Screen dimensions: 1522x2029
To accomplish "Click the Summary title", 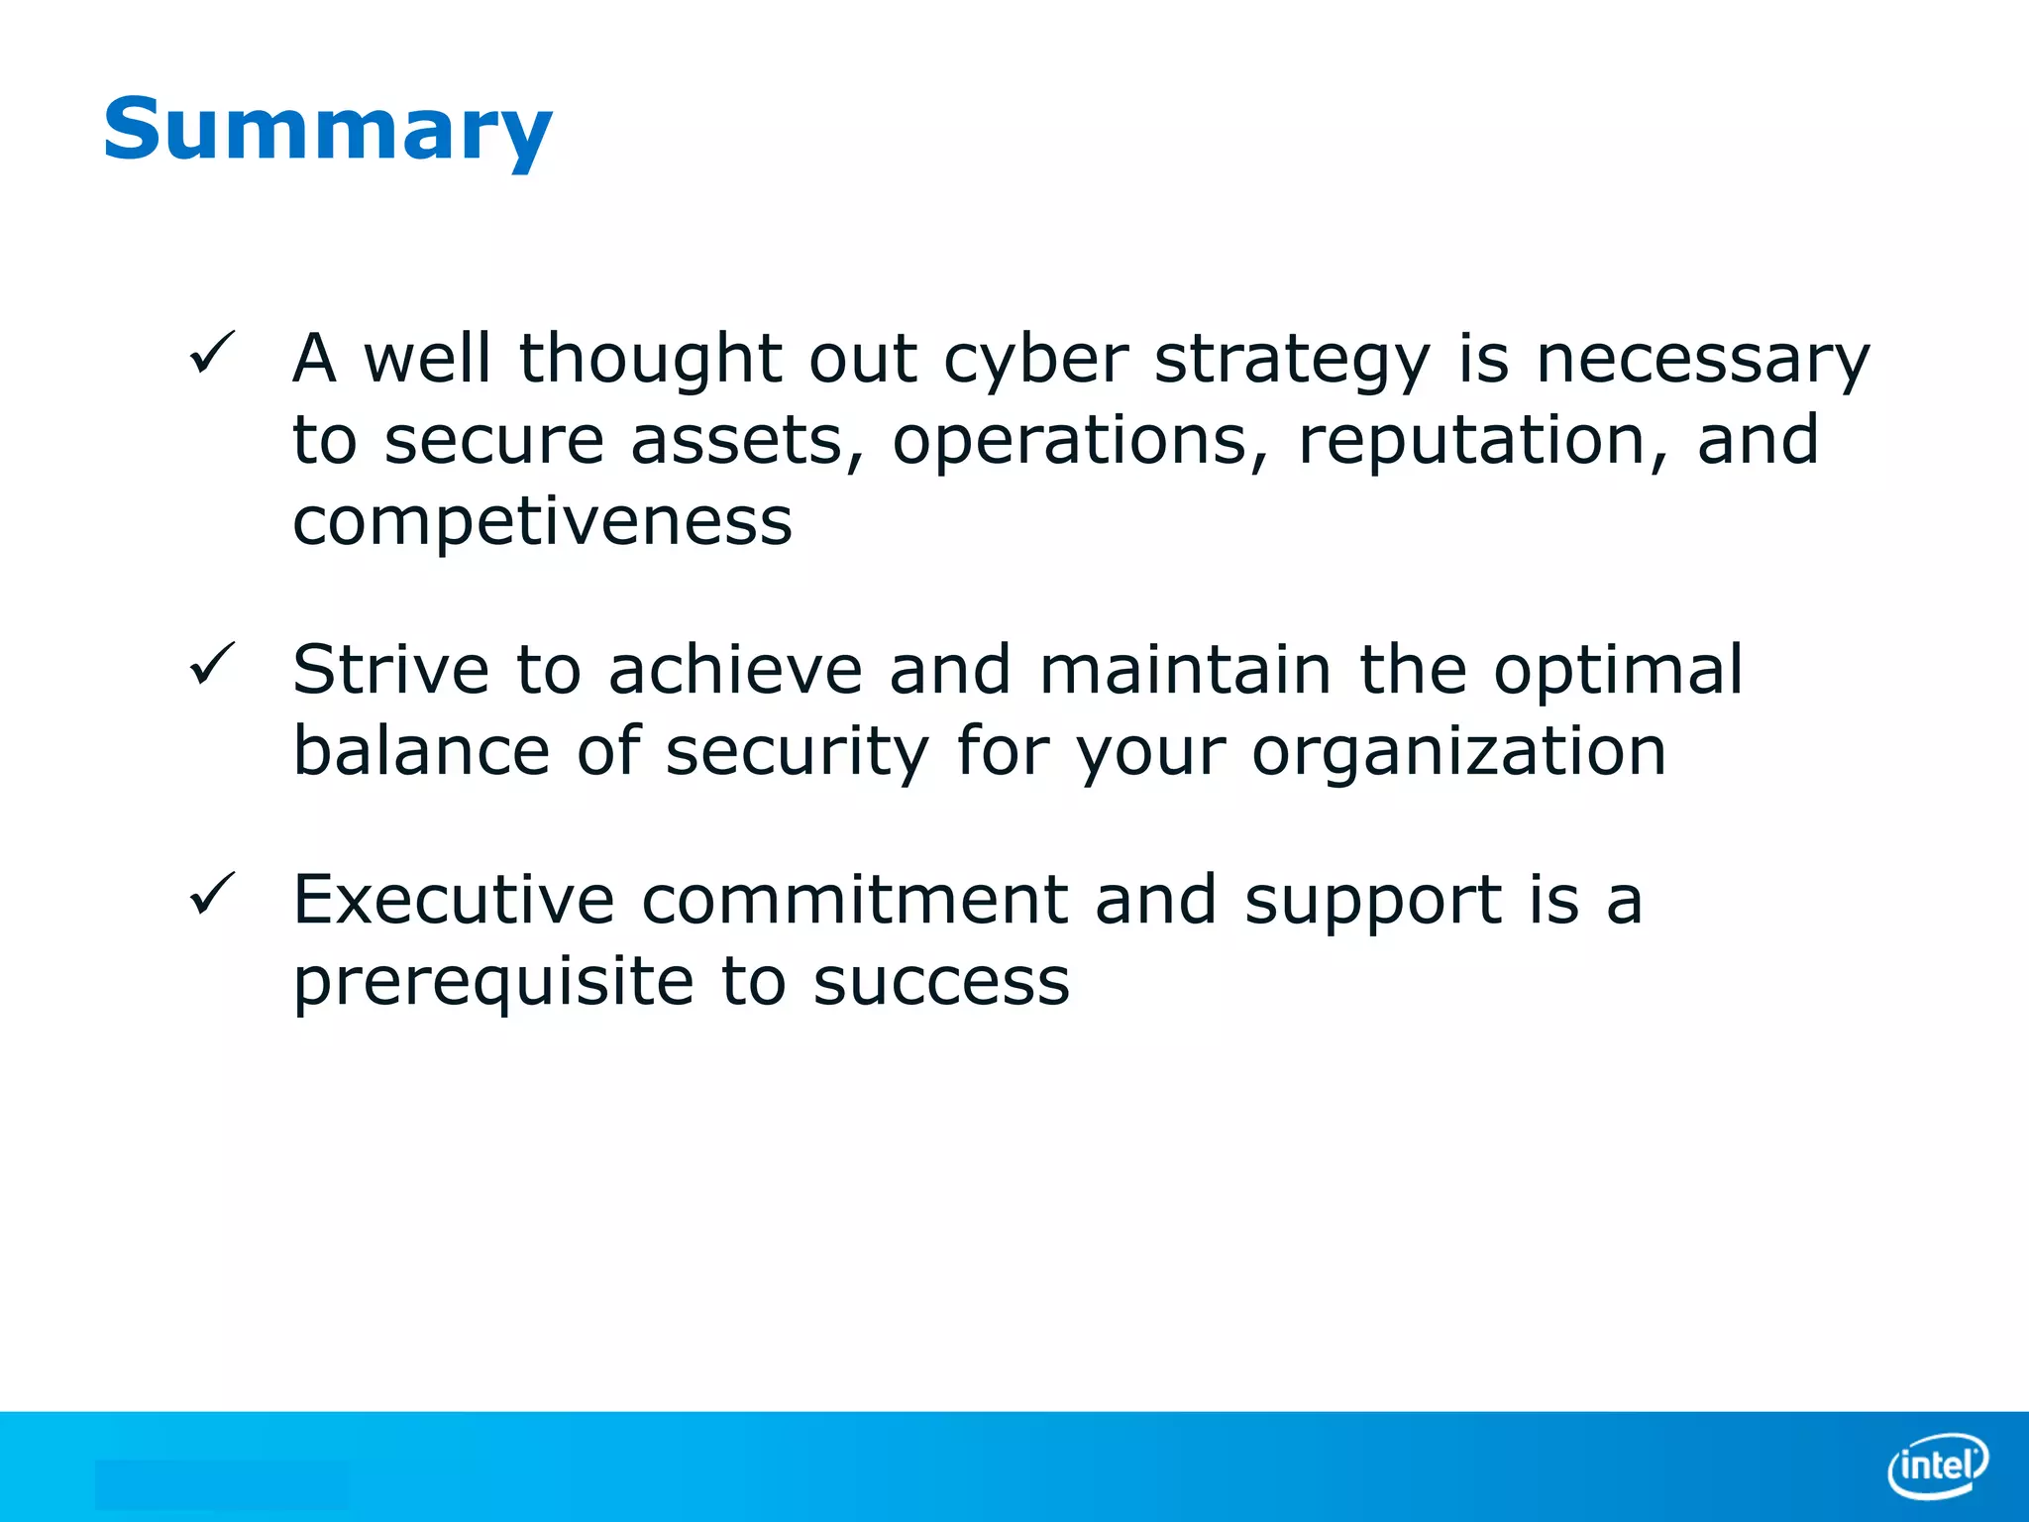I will [x=327, y=131].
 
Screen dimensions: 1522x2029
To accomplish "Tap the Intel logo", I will [x=1937, y=1465].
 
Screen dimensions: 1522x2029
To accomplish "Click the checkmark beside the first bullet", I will [x=211, y=353].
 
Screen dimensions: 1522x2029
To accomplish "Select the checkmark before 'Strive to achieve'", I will [x=211, y=664].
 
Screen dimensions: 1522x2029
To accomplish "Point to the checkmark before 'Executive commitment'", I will [x=211, y=894].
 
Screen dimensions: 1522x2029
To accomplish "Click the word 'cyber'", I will [x=1035, y=359].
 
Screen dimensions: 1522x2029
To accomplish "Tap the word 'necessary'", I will [x=1702, y=359].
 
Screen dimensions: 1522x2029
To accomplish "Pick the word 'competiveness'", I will [x=542, y=521].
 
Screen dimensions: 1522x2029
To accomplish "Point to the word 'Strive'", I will [x=390, y=670].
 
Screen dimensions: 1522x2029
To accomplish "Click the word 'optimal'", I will [x=1617, y=670].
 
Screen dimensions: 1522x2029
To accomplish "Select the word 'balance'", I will [x=421, y=751].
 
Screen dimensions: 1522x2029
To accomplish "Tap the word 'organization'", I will [x=1458, y=751].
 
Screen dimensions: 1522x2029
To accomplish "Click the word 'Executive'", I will [x=454, y=900].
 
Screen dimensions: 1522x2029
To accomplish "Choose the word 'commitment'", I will [x=855, y=900].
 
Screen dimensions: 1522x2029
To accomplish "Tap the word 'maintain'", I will [x=1185, y=670].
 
